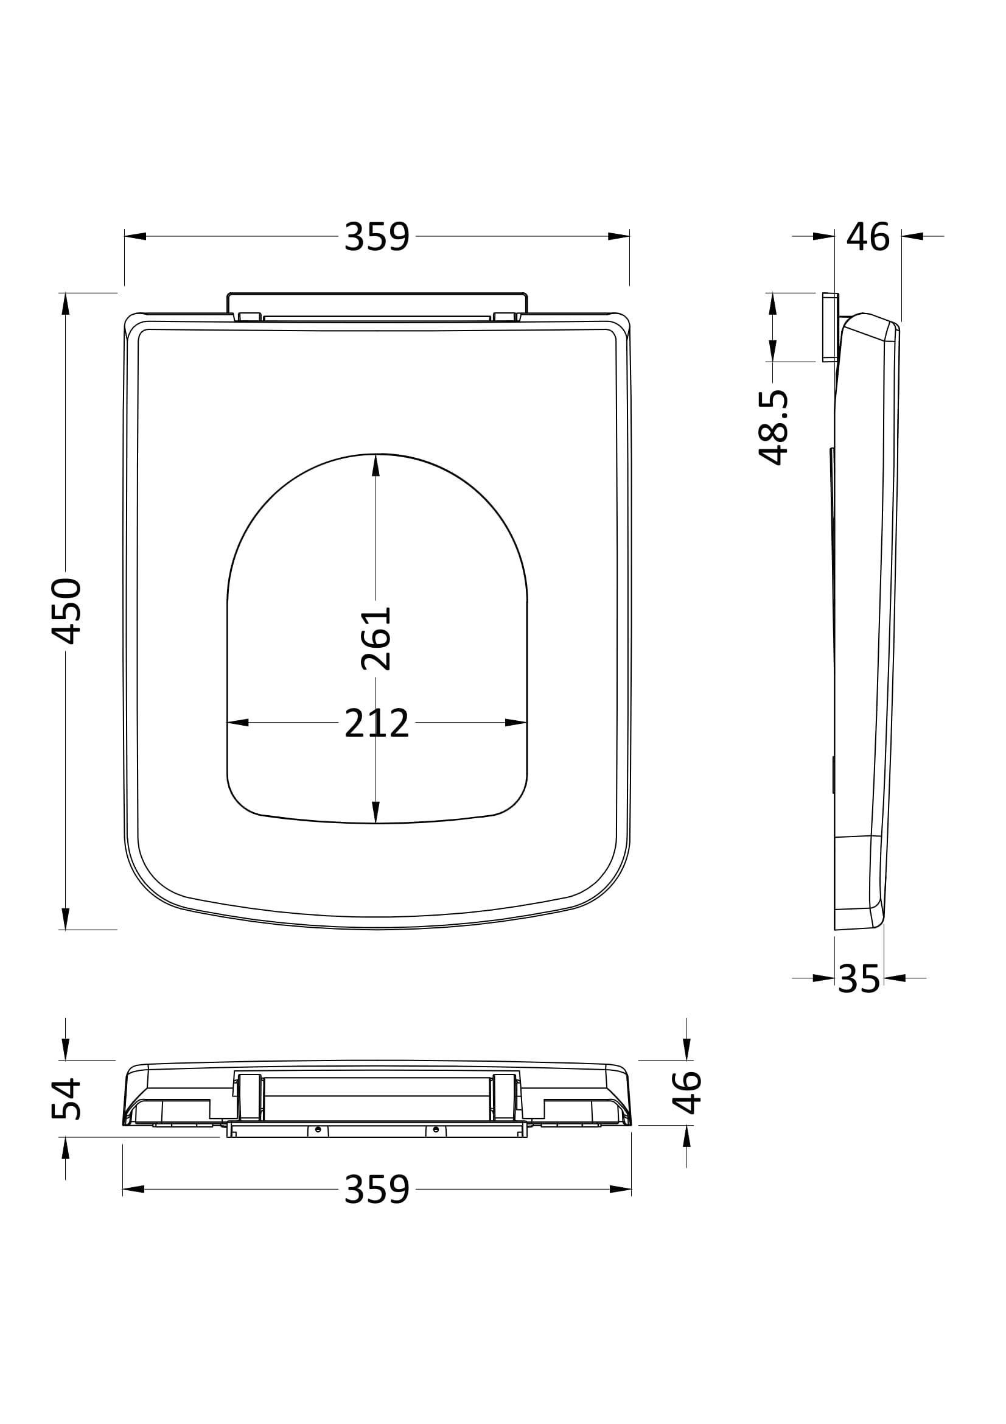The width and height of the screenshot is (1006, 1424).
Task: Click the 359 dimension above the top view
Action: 377,236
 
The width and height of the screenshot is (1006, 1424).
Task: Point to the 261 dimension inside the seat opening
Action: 376,638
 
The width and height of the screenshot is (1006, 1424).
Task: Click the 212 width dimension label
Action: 377,723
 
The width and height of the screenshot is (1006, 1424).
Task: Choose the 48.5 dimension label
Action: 773,427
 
